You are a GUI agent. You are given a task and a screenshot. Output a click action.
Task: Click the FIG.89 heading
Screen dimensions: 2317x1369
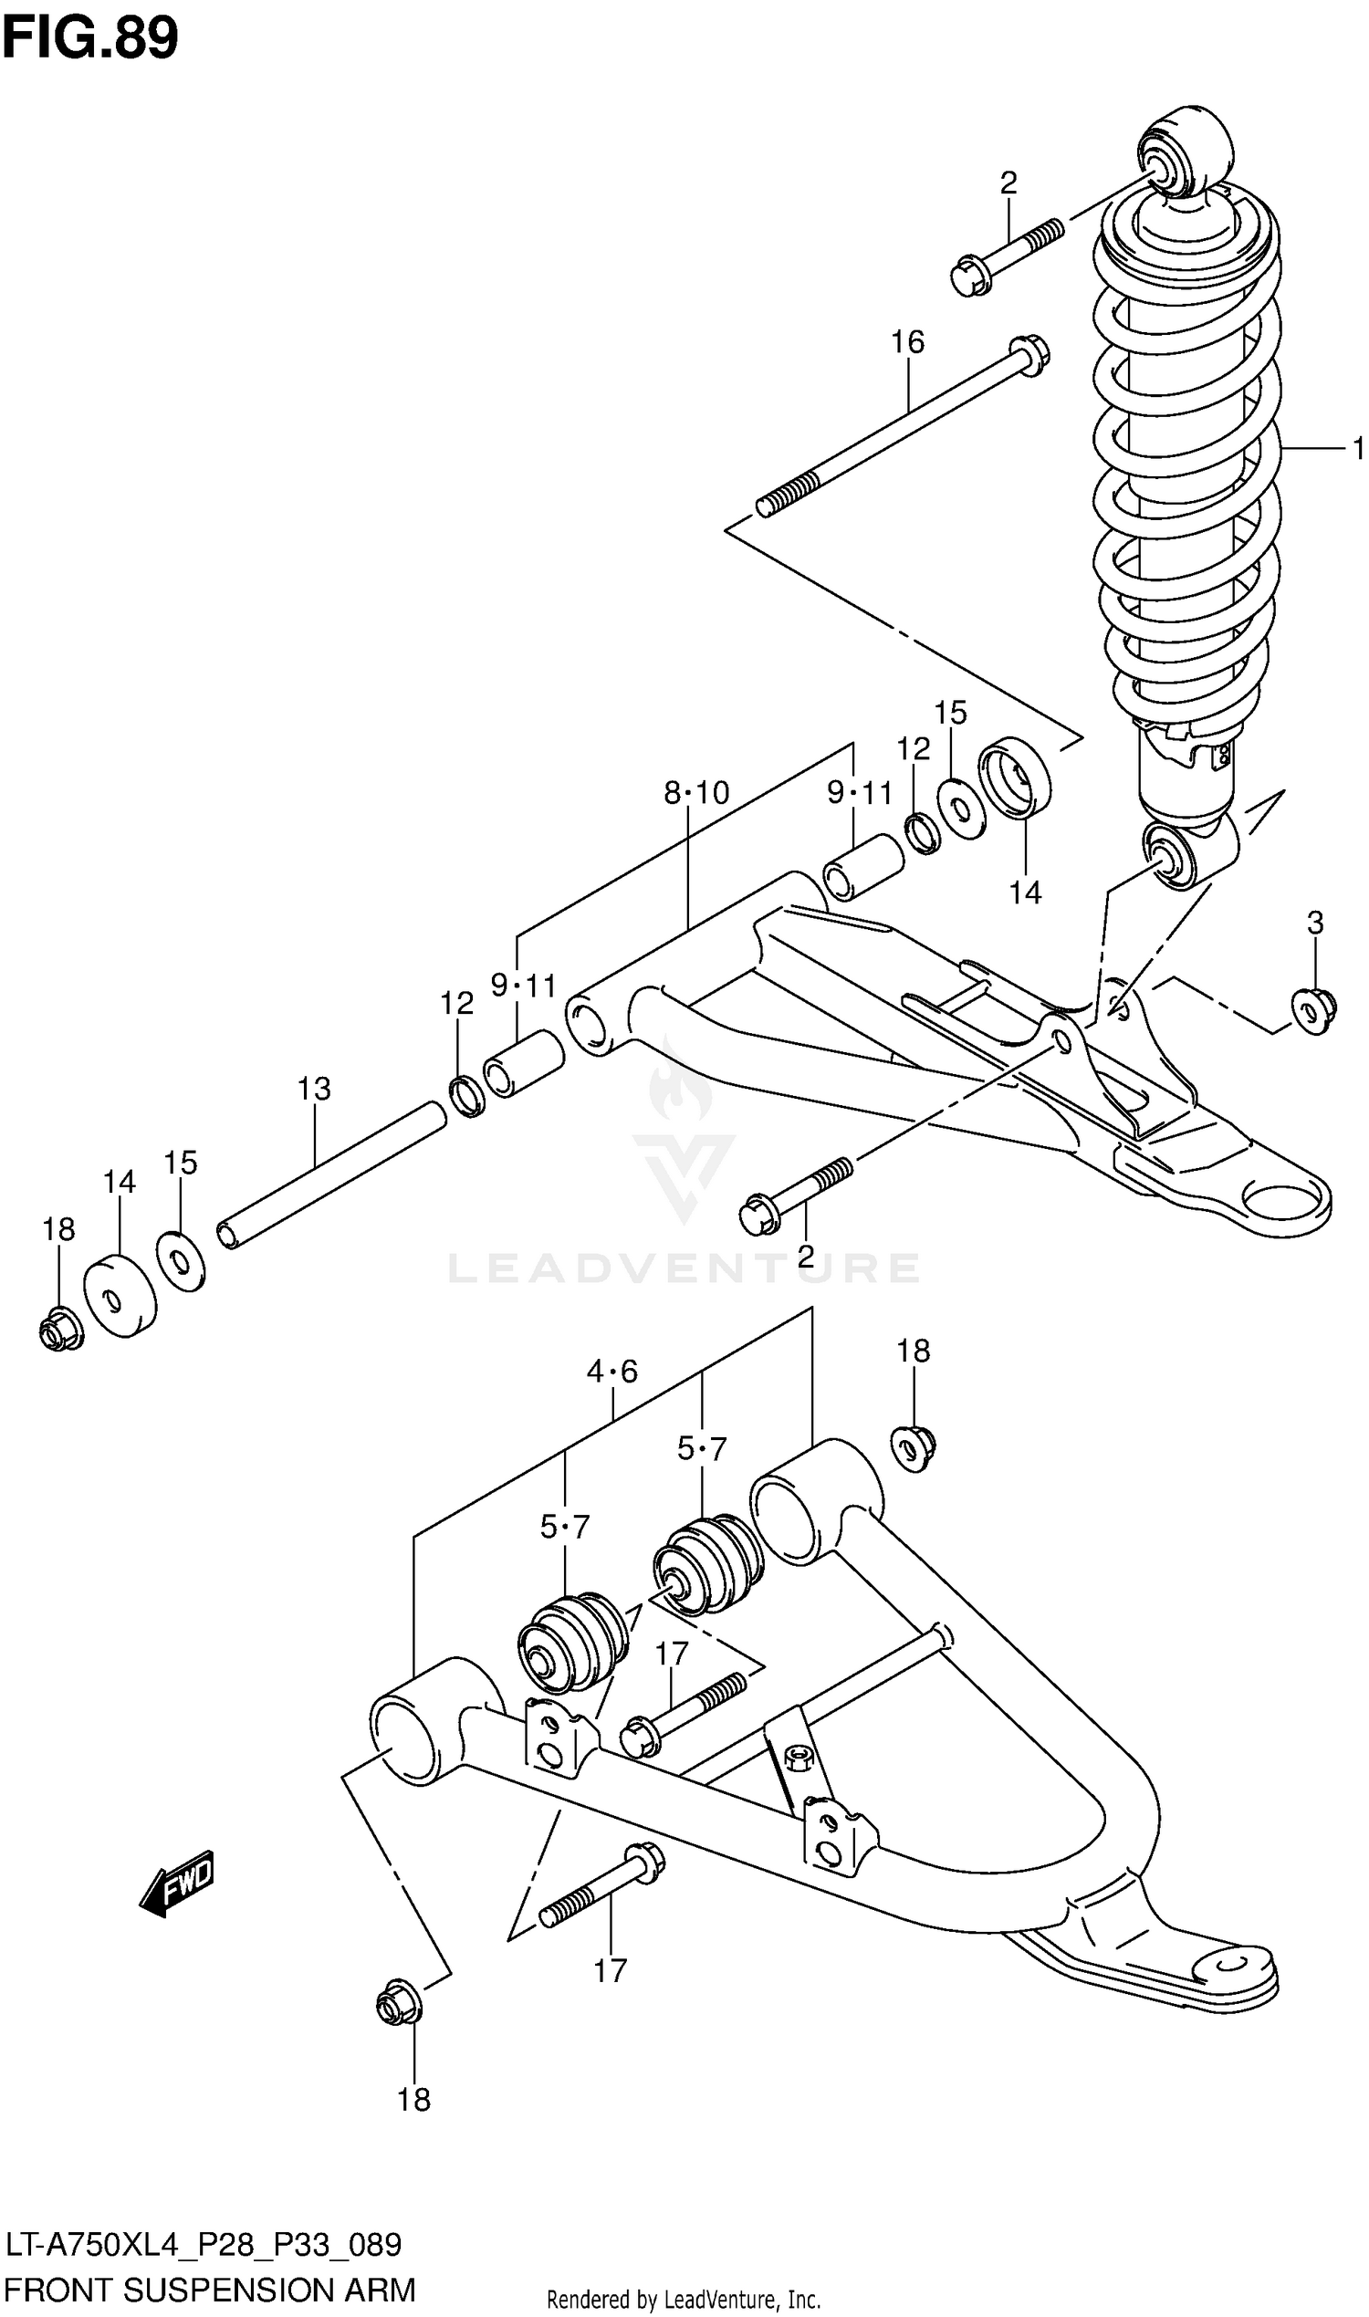(89, 39)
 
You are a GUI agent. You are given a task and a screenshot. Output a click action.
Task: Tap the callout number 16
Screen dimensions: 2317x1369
(907, 342)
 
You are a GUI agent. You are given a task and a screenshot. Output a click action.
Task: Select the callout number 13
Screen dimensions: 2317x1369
(314, 1089)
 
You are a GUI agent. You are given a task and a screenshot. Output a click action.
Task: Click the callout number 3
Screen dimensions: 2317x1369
(1314, 922)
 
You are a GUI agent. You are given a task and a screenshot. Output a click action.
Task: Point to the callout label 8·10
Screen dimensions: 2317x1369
(695, 792)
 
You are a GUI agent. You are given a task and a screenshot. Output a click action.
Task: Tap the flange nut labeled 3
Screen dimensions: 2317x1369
(1311, 1011)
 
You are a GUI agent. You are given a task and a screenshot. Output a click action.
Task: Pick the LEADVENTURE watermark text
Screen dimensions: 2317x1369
(684, 1268)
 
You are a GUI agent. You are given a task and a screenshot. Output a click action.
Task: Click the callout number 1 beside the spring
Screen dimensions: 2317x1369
(1357, 448)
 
